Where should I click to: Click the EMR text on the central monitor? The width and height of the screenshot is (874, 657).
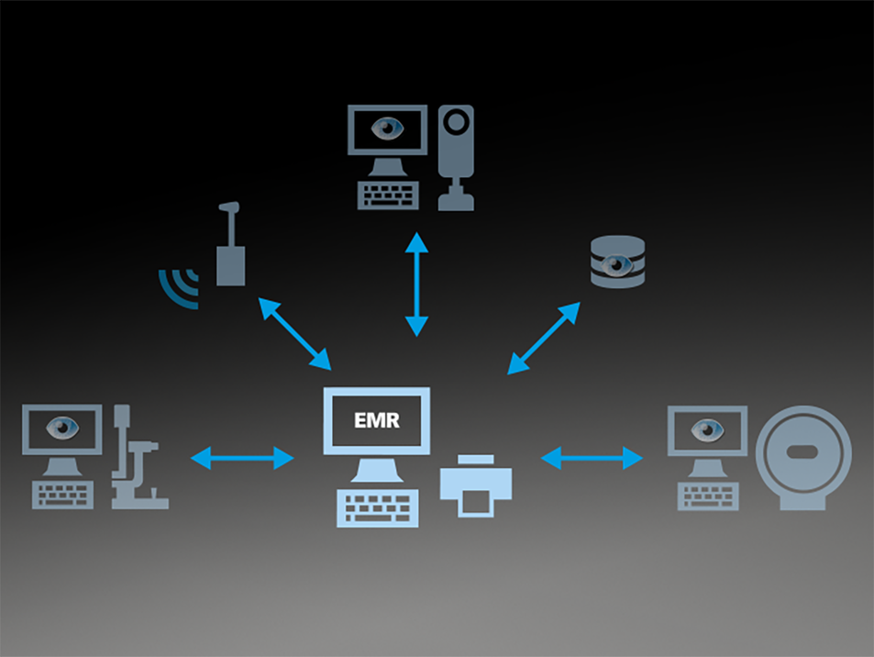click(x=376, y=422)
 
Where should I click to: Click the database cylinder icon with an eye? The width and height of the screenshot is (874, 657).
click(x=617, y=262)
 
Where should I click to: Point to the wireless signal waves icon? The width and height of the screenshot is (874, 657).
click(x=180, y=287)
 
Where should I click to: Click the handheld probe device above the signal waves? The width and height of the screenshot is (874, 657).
click(x=230, y=248)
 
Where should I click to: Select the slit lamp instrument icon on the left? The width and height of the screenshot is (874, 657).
click(x=138, y=460)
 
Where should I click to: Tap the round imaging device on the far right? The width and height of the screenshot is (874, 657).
click(x=803, y=457)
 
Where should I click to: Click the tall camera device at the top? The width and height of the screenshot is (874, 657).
click(x=456, y=156)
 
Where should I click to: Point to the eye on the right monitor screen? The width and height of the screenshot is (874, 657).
click(x=707, y=429)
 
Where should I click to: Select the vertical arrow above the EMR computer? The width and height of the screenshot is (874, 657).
click(x=417, y=284)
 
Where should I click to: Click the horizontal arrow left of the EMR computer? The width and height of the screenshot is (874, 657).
click(x=242, y=457)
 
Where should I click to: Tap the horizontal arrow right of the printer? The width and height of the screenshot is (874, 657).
click(x=592, y=457)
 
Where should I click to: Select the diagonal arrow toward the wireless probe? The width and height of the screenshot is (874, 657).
click(x=295, y=333)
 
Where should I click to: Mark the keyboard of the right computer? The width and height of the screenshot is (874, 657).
click(x=708, y=496)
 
